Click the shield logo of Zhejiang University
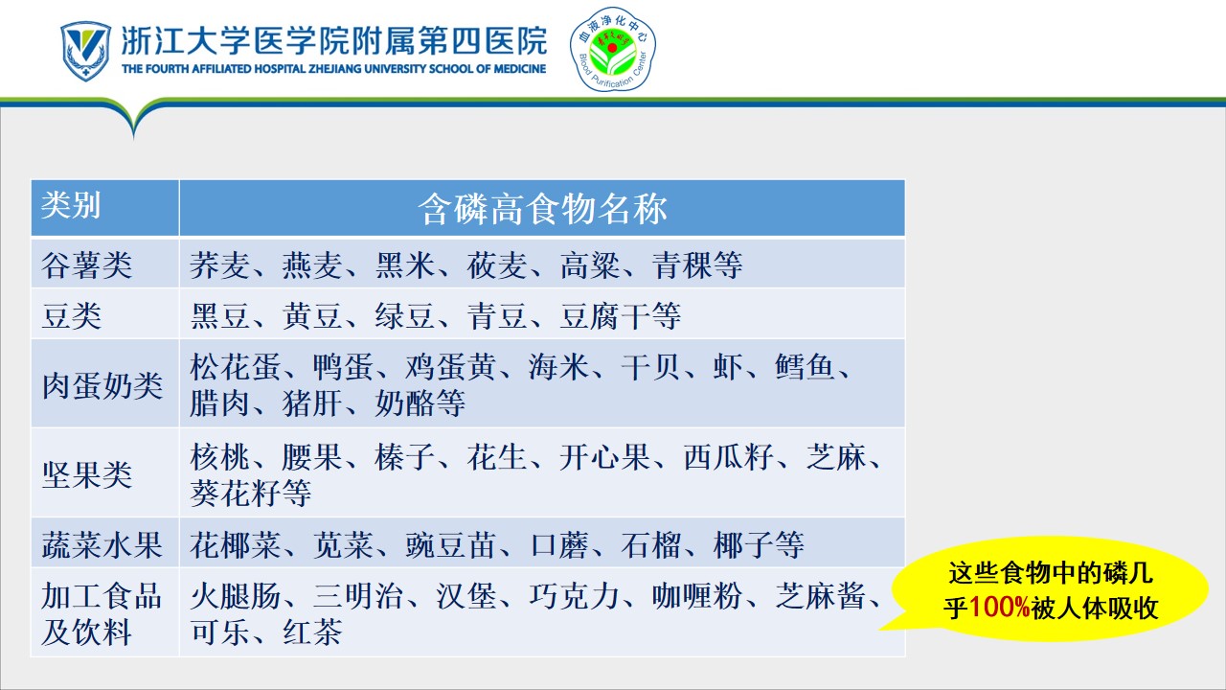point(85,51)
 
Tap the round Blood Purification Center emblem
point(612,49)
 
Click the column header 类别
point(71,205)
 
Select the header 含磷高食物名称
point(542,209)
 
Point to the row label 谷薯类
point(86,265)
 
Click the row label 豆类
point(72,316)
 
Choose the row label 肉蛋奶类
point(102,385)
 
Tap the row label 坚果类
point(86,474)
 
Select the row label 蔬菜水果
point(102,545)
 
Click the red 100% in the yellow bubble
point(999,608)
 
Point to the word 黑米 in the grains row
point(405,265)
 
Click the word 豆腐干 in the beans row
point(604,316)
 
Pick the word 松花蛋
point(236,367)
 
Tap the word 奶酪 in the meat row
point(405,403)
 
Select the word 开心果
point(604,457)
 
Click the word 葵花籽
point(236,493)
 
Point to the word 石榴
point(651,545)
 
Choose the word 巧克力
point(574,596)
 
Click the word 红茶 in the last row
point(312,632)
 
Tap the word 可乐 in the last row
point(220,632)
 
